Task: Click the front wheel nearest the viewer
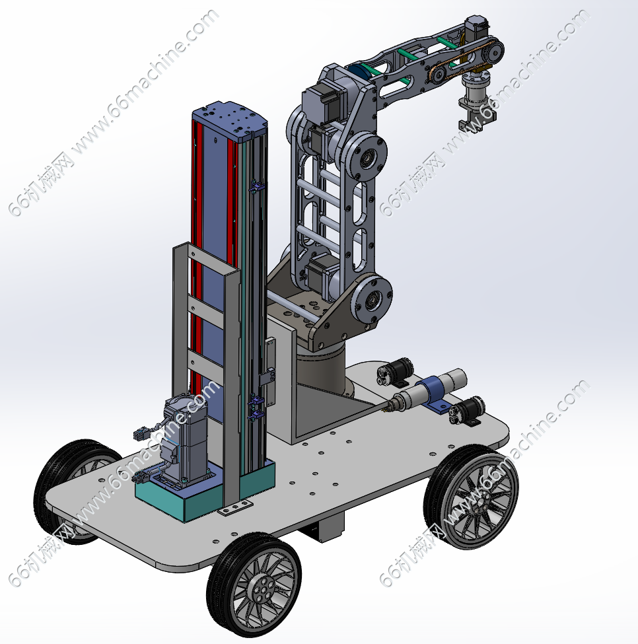pos(254,586)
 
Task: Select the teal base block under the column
pos(205,493)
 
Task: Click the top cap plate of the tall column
pos(230,119)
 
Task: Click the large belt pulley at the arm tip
pos(493,51)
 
